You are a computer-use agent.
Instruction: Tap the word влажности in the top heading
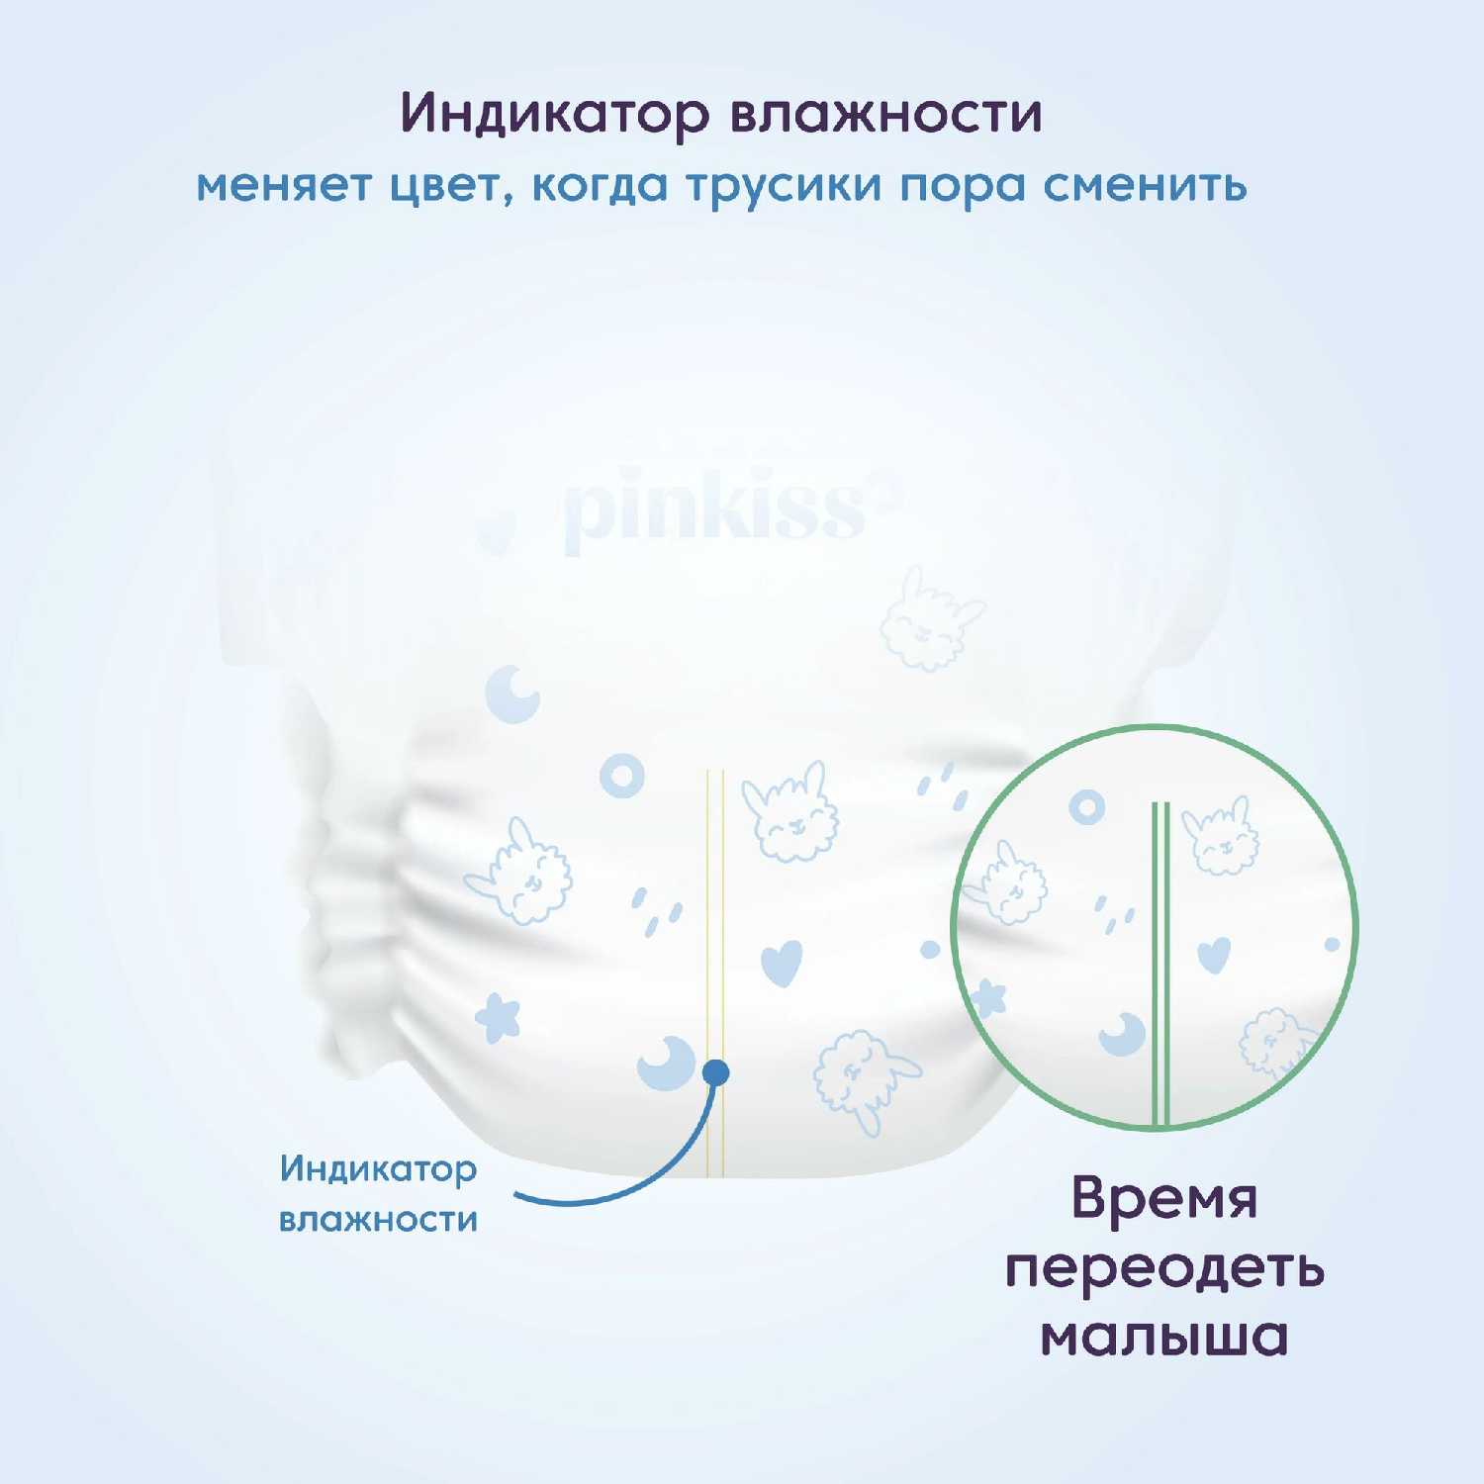886,114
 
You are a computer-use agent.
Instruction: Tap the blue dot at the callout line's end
715,1072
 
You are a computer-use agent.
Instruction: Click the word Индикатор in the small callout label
378,1170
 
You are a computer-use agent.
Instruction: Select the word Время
1164,1200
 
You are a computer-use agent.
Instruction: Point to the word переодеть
1164,1269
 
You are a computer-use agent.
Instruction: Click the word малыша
1164,1337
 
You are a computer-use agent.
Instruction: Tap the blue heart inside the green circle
1214,955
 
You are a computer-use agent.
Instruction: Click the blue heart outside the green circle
782,962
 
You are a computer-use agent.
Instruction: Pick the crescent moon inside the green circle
1123,1034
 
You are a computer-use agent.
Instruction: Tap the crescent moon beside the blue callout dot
663,1063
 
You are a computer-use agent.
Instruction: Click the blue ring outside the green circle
622,777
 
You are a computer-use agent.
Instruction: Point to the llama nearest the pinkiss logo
930,618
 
